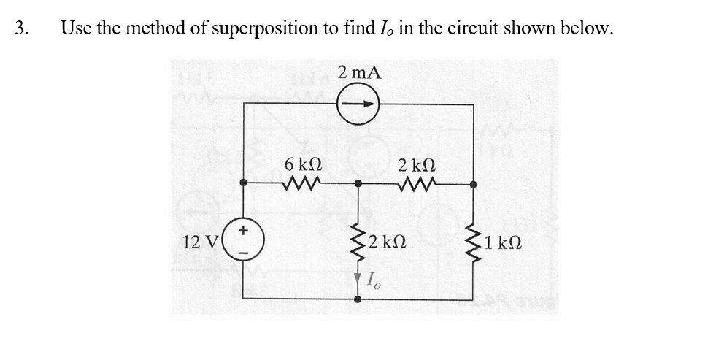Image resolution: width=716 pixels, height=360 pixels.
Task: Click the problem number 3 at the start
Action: click(21, 28)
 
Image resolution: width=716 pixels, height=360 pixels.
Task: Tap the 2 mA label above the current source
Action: click(359, 72)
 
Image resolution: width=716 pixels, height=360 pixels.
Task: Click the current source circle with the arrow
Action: click(358, 104)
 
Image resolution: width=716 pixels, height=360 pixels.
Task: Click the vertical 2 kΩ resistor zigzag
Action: click(358, 242)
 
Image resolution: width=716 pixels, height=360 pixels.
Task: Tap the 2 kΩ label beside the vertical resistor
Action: click(389, 242)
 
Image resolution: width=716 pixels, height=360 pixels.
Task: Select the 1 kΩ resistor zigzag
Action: click(473, 242)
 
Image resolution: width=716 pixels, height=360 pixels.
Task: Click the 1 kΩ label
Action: click(504, 242)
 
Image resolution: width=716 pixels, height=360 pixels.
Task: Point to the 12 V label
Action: click(202, 242)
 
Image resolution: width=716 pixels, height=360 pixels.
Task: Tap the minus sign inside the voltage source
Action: click(243, 253)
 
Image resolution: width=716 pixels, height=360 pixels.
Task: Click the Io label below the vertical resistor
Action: click(372, 278)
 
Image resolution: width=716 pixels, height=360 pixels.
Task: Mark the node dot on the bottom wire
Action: click(358, 299)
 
